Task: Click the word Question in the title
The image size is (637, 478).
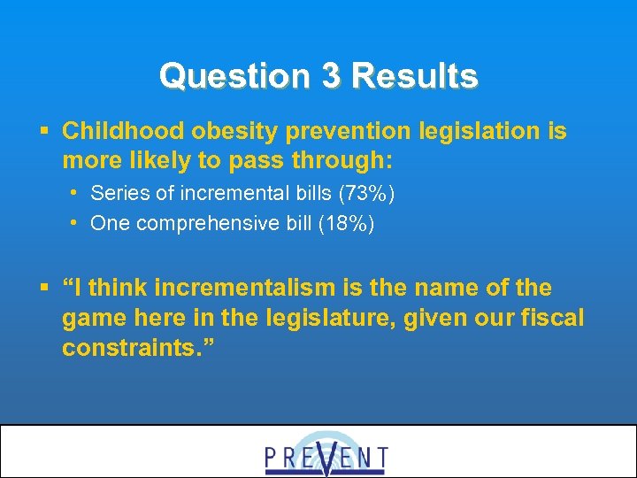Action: pyautogui.click(x=234, y=76)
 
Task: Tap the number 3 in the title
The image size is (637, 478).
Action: pyautogui.click(x=331, y=76)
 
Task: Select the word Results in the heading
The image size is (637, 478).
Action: pyautogui.click(x=414, y=76)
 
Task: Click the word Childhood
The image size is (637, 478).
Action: pyautogui.click(x=119, y=132)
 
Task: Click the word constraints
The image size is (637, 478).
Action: pyautogui.click(x=131, y=347)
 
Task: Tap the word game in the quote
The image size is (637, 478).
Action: pyautogui.click(x=91, y=317)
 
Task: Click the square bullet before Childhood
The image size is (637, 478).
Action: pyautogui.click(x=43, y=133)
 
